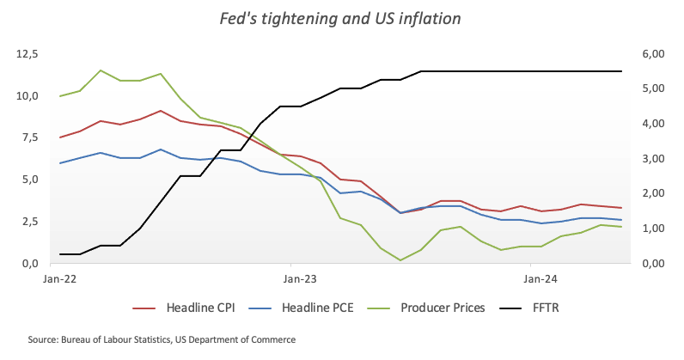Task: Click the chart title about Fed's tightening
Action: point(342,17)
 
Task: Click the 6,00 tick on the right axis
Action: point(653,54)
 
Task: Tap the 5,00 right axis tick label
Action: point(653,88)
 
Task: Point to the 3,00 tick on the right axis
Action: point(653,159)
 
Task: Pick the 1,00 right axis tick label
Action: point(653,229)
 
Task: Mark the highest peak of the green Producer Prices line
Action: point(101,70)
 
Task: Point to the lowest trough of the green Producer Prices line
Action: point(400,259)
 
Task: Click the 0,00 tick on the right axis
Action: point(653,263)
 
